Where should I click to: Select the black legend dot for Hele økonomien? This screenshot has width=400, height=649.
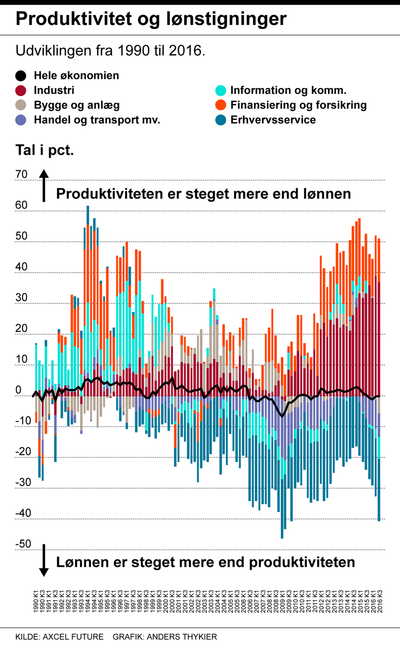tap(21, 75)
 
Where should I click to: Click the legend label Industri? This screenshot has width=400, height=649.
tap(54, 90)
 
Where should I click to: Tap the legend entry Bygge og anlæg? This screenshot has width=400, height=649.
tap(77, 105)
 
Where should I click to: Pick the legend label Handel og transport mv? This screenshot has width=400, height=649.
tap(97, 120)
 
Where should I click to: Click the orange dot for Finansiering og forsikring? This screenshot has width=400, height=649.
tap(221, 105)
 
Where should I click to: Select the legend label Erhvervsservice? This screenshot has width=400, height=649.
tap(273, 120)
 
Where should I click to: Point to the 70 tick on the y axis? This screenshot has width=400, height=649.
tap(21, 174)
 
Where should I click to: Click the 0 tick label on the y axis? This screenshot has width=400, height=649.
tap(18, 390)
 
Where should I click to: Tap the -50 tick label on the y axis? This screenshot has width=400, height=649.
tap(23, 544)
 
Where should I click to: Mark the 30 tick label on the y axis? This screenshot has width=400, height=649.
tap(21, 297)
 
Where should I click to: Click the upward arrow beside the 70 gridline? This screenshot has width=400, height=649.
tap(44, 185)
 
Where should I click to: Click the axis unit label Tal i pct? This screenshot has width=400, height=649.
tap(45, 150)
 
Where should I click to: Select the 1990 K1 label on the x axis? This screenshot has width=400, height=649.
tap(36, 601)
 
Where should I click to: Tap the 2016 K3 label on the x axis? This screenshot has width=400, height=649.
tap(380, 601)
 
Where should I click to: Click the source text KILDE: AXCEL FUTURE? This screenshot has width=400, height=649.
tap(60, 637)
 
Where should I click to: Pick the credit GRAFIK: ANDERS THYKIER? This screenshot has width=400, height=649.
tap(165, 637)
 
